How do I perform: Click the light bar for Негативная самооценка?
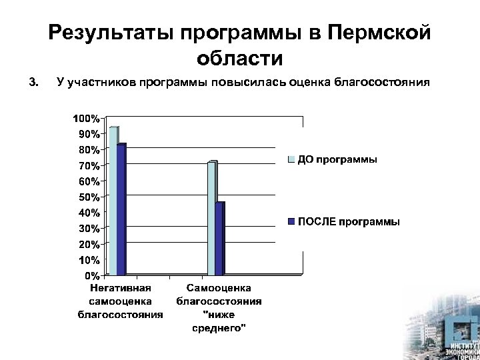[113, 200]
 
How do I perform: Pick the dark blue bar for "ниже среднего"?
[220, 238]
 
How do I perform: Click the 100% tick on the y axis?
[86, 118]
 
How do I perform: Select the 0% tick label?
[91, 275]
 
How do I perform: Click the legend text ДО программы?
[337, 160]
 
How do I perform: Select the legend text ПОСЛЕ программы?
[349, 221]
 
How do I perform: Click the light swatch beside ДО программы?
[291, 160]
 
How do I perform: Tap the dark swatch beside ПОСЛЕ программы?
[291, 221]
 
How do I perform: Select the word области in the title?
[239, 58]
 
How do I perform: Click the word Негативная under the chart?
[121, 289]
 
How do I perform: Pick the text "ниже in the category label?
[217, 315]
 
